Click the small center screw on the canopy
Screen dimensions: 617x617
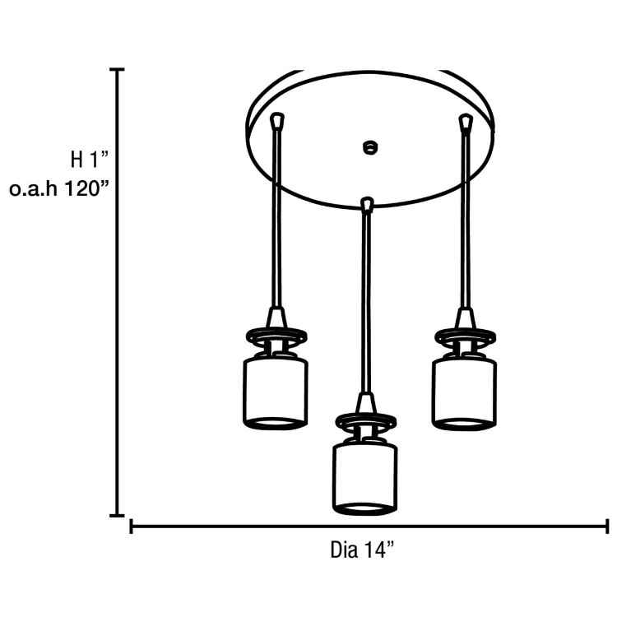point(369,148)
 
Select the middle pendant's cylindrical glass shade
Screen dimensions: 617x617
point(365,476)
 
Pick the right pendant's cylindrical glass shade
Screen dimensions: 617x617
point(465,390)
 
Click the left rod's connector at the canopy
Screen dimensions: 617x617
point(277,121)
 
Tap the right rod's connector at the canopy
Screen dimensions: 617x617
point(466,123)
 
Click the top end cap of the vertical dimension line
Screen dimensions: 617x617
point(117,71)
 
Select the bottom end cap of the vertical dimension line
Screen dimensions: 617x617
point(117,515)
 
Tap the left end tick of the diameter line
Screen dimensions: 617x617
point(132,526)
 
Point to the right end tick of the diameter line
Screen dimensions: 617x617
point(607,526)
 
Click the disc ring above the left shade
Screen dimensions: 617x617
point(276,336)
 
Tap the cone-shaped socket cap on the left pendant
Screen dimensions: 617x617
point(276,317)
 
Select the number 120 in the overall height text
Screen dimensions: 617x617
point(87,188)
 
